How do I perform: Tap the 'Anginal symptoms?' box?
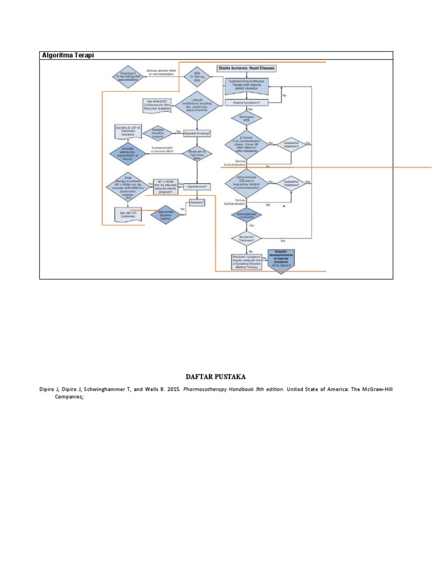[x=246, y=102]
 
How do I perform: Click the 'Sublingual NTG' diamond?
[x=246, y=119]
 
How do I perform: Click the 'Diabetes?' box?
[x=197, y=202]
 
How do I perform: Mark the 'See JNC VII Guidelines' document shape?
[x=128, y=215]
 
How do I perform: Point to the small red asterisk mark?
[x=285, y=207]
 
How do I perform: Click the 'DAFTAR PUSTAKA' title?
[x=216, y=376]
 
